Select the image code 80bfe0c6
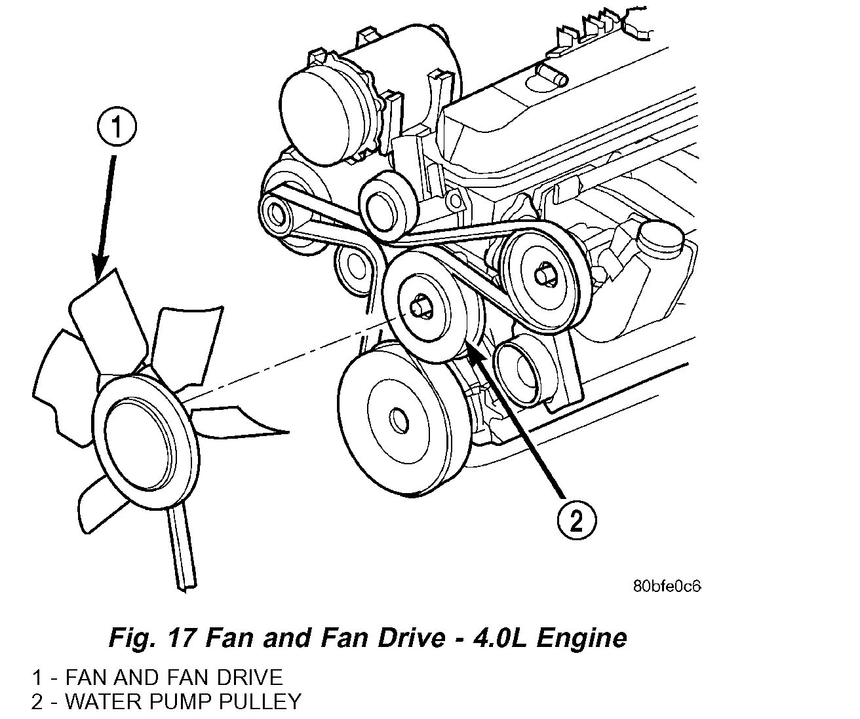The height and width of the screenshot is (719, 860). (667, 585)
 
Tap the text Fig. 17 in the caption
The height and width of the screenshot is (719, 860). (149, 637)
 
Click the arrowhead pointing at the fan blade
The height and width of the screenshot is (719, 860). (99, 272)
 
